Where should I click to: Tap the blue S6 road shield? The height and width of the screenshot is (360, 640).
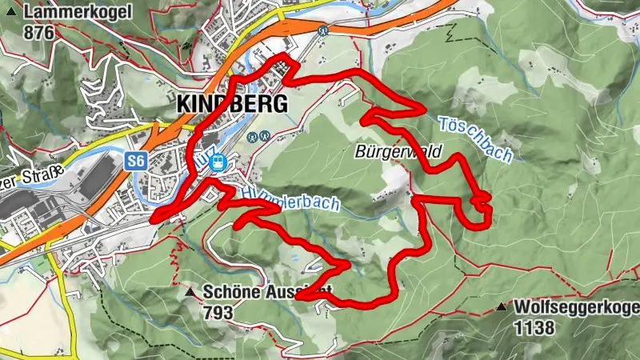coord(137,161)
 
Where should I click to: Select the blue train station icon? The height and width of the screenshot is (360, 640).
coord(217,162)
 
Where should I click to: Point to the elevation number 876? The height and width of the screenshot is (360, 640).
coord(39,32)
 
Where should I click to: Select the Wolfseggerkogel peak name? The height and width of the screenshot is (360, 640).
coord(577,306)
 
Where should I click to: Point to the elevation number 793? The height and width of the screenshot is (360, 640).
coord(219,311)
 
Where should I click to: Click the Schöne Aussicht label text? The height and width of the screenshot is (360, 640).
coord(256,292)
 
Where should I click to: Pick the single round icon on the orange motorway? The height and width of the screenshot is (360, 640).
coord(322,30)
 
